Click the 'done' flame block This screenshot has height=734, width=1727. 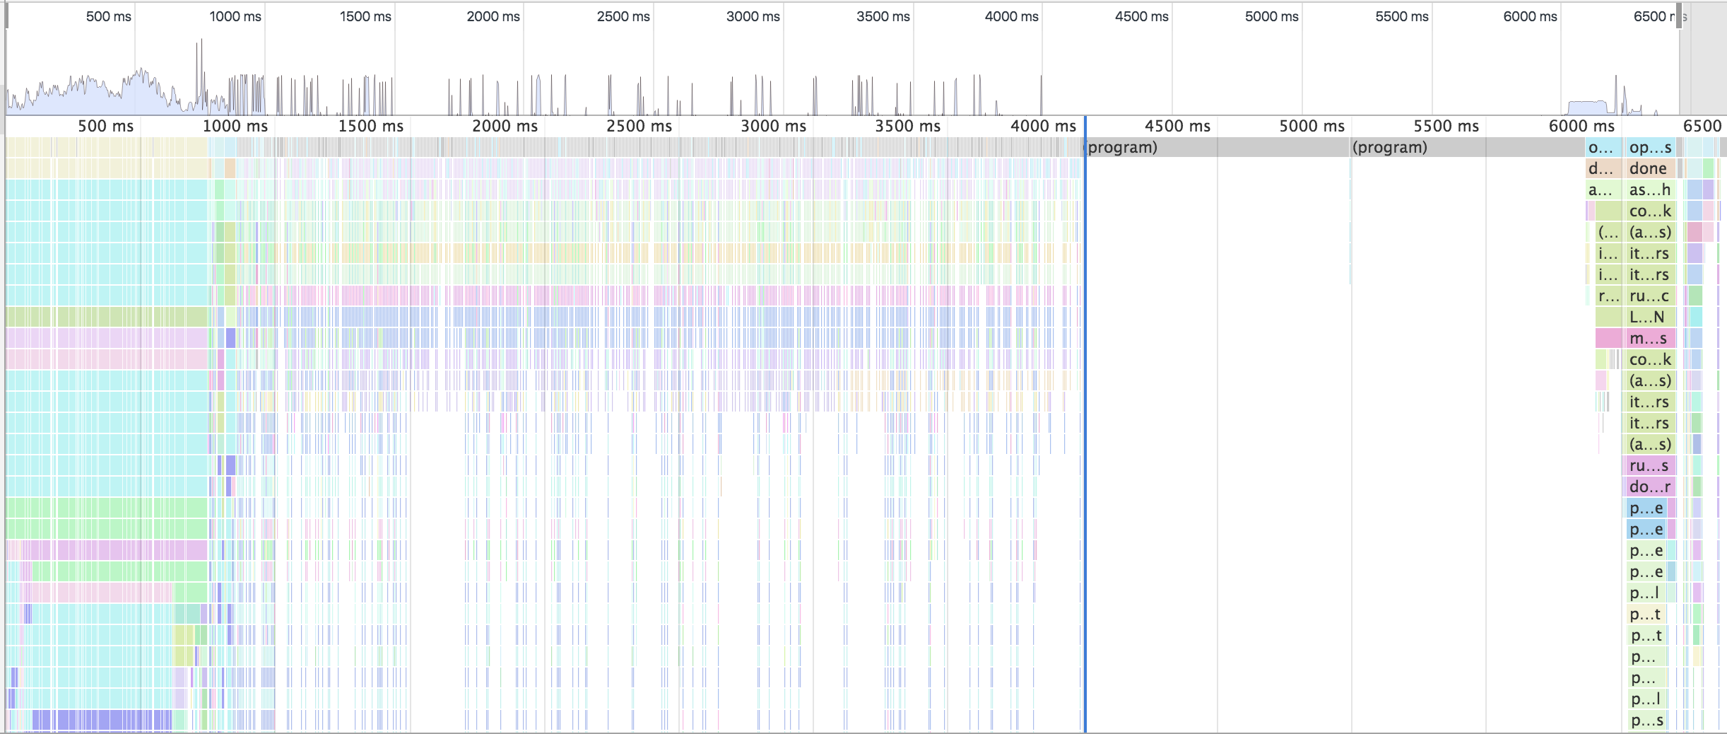[1649, 168]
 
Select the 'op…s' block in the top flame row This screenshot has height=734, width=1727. [1650, 147]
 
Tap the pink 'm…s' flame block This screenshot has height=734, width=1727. [1649, 338]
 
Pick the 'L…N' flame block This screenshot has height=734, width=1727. [1647, 317]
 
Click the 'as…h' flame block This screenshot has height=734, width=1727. [1649, 190]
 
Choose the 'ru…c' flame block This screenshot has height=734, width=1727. [1649, 296]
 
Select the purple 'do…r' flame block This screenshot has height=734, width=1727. [1649, 487]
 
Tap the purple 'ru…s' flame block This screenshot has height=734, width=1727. [1649, 465]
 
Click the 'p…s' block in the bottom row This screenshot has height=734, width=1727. [1646, 721]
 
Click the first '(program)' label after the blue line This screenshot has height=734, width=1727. [1122, 147]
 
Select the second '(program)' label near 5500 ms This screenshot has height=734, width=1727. [1389, 147]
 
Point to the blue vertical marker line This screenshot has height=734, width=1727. [1085, 424]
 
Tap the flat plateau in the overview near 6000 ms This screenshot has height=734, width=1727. [1587, 107]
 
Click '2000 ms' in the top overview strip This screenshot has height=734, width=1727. [493, 16]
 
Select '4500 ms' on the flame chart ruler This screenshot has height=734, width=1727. [1177, 126]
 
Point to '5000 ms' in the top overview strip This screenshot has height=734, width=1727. [1271, 16]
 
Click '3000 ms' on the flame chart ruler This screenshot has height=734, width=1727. [773, 126]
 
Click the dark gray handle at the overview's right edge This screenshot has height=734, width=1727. [1680, 16]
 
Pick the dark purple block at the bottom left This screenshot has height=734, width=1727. [99, 720]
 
